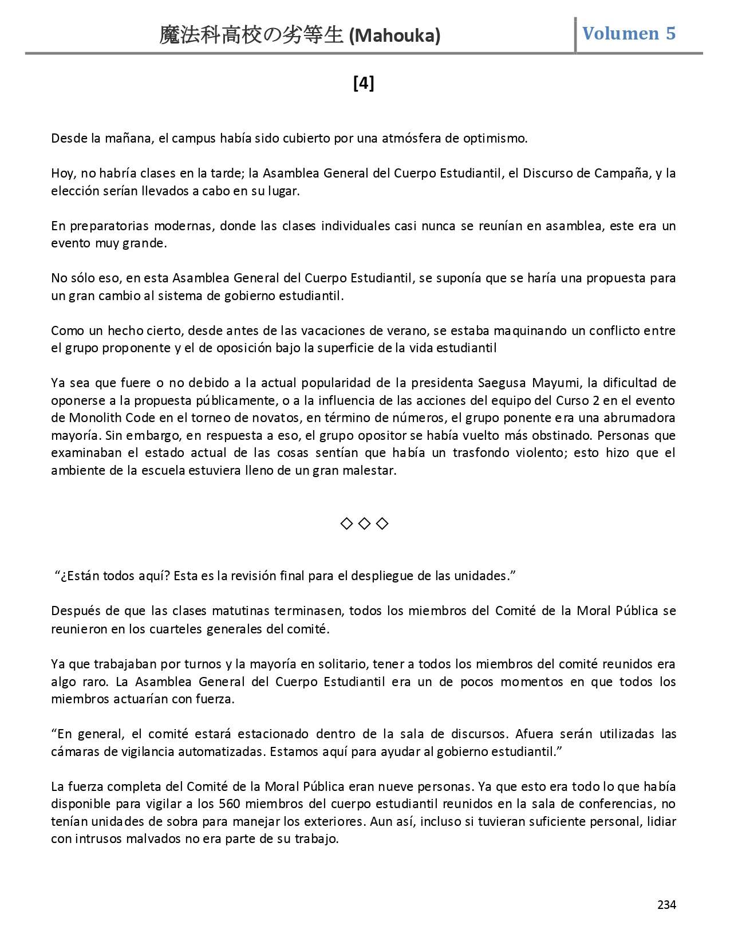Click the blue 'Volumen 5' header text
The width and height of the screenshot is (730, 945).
coord(629,34)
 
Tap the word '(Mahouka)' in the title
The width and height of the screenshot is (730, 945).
coord(394,36)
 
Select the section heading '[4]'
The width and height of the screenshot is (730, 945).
coord(364,84)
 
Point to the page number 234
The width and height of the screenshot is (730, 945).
coord(666,905)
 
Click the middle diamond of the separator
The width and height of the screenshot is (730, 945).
coord(364,523)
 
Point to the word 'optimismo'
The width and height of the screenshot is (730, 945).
coord(498,138)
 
